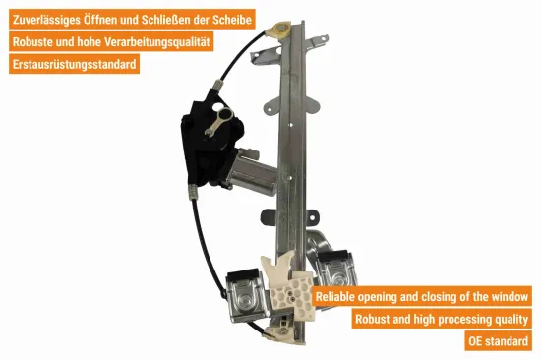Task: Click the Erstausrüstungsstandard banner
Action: point(74,65)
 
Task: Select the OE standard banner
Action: point(499,342)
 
